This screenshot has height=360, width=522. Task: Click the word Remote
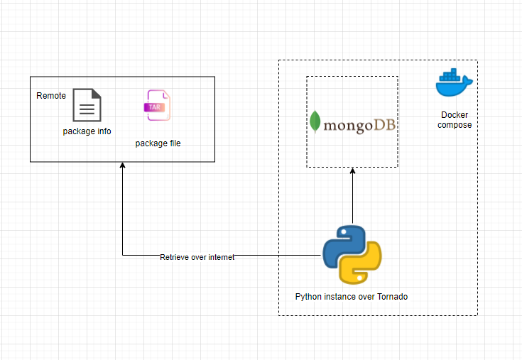51,96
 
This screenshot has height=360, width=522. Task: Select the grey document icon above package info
87,105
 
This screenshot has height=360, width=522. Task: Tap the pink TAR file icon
157,105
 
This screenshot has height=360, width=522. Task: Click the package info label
87,131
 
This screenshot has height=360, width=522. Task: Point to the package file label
158,143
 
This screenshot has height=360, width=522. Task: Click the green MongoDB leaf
315,121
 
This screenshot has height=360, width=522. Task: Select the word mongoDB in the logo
359,126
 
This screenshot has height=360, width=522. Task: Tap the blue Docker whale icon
454,82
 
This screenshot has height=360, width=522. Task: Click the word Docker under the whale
455,115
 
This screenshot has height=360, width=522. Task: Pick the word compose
455,125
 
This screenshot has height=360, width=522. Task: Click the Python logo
352,255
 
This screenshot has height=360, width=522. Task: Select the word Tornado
392,297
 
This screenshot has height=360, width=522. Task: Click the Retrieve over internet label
197,257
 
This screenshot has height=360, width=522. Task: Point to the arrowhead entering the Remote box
122,164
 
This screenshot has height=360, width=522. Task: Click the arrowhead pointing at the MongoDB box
352,170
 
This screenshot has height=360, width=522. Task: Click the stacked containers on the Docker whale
450,75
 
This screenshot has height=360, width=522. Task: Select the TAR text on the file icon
155,107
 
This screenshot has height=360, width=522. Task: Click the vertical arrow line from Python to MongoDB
352,196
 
